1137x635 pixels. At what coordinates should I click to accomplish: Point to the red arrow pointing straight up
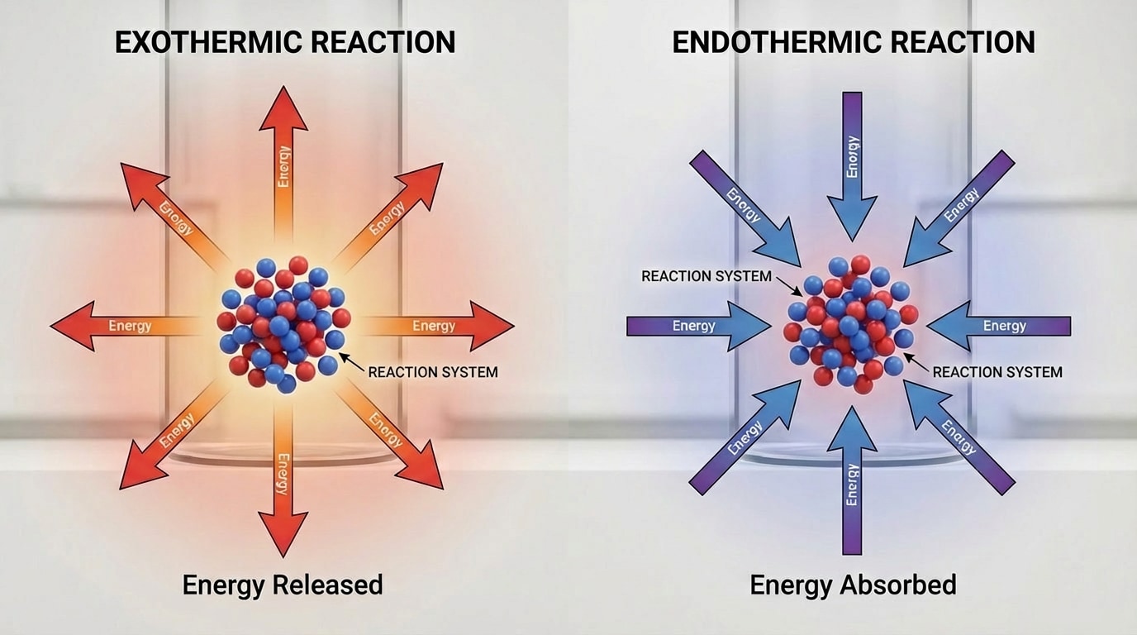[x=283, y=157]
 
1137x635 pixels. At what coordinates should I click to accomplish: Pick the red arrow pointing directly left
[x=124, y=326]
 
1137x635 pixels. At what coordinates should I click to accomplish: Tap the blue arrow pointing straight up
[x=852, y=480]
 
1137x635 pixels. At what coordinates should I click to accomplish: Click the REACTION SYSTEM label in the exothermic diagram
[x=433, y=372]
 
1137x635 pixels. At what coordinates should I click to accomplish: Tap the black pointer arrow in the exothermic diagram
[x=351, y=360]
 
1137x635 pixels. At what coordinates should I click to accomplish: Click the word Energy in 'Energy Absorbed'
[x=791, y=585]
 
